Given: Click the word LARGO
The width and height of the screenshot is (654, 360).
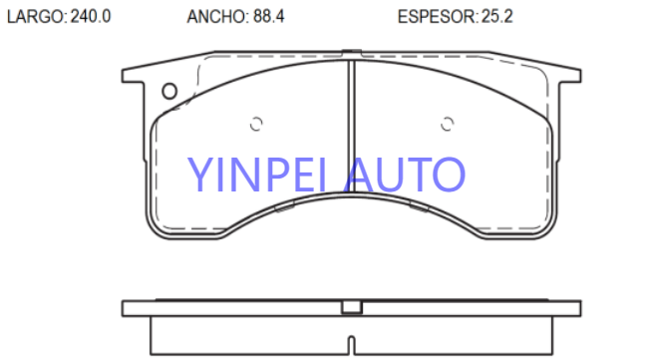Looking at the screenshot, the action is point(35,17).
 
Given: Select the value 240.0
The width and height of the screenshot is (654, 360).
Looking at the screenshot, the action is point(91,17).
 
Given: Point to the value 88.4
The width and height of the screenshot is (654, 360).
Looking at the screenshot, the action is point(268,17).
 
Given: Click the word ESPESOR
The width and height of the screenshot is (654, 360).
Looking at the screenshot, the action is point(436,17).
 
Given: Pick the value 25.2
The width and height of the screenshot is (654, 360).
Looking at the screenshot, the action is point(496,17).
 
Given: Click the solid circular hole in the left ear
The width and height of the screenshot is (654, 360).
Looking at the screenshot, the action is point(169,91).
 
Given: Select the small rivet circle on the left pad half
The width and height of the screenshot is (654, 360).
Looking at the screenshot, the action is point(256,124).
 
